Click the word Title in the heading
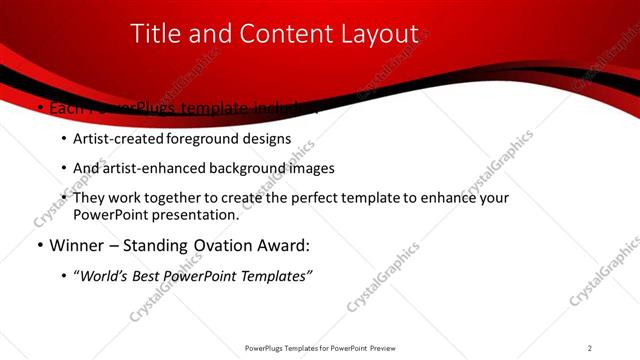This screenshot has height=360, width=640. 155,34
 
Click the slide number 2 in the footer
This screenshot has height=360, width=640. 590,348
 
